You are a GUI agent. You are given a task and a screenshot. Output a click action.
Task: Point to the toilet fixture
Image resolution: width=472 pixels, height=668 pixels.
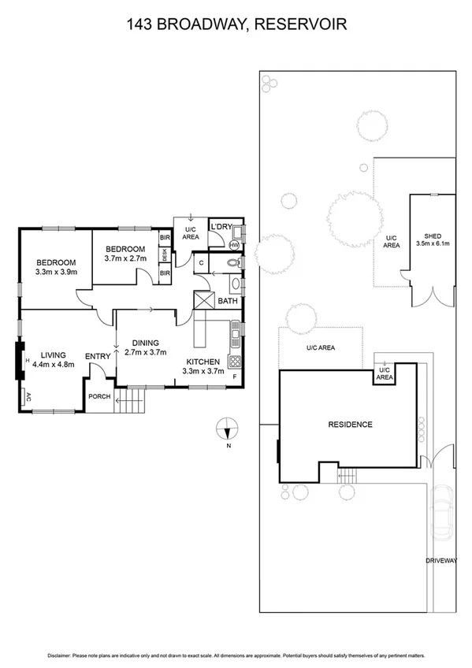pos(233,263)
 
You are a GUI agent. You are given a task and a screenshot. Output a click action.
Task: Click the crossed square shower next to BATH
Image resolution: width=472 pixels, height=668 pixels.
pos(204,301)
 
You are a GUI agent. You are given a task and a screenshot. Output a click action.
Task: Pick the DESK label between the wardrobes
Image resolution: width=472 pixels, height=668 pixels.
pos(164,255)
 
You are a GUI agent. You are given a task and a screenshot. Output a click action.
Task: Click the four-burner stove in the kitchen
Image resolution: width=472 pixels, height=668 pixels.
pos(234,362)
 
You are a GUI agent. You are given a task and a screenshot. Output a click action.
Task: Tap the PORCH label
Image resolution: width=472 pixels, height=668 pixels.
pos(98,396)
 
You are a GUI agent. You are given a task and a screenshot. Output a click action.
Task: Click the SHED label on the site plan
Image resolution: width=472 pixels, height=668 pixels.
pos(433,236)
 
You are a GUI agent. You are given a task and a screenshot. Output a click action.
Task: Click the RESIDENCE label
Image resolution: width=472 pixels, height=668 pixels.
pos(350,425)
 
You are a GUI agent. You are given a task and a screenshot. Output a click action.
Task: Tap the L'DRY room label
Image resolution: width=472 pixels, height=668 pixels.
pos(220,228)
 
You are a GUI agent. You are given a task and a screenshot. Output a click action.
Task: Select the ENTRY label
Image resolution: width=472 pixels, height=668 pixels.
pos(98,357)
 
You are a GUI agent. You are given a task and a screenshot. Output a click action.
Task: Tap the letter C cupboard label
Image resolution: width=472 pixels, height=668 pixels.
pos(202,262)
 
